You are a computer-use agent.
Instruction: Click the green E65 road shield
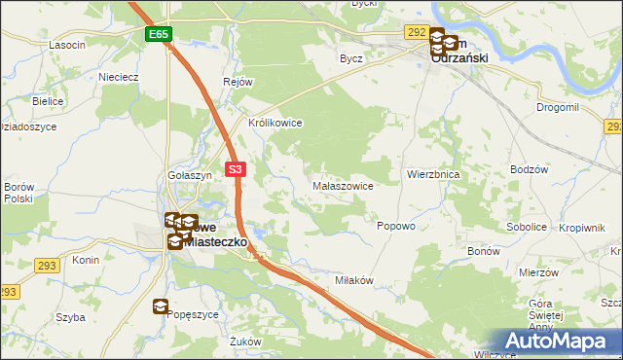160,34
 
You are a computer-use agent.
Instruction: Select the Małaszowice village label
342,184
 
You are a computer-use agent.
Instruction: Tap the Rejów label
238,83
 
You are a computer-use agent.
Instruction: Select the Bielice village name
47,101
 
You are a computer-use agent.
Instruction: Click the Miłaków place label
354,280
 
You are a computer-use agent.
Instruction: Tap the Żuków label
247,342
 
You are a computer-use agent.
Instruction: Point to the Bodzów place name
531,169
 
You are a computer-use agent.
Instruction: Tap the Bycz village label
350,58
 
